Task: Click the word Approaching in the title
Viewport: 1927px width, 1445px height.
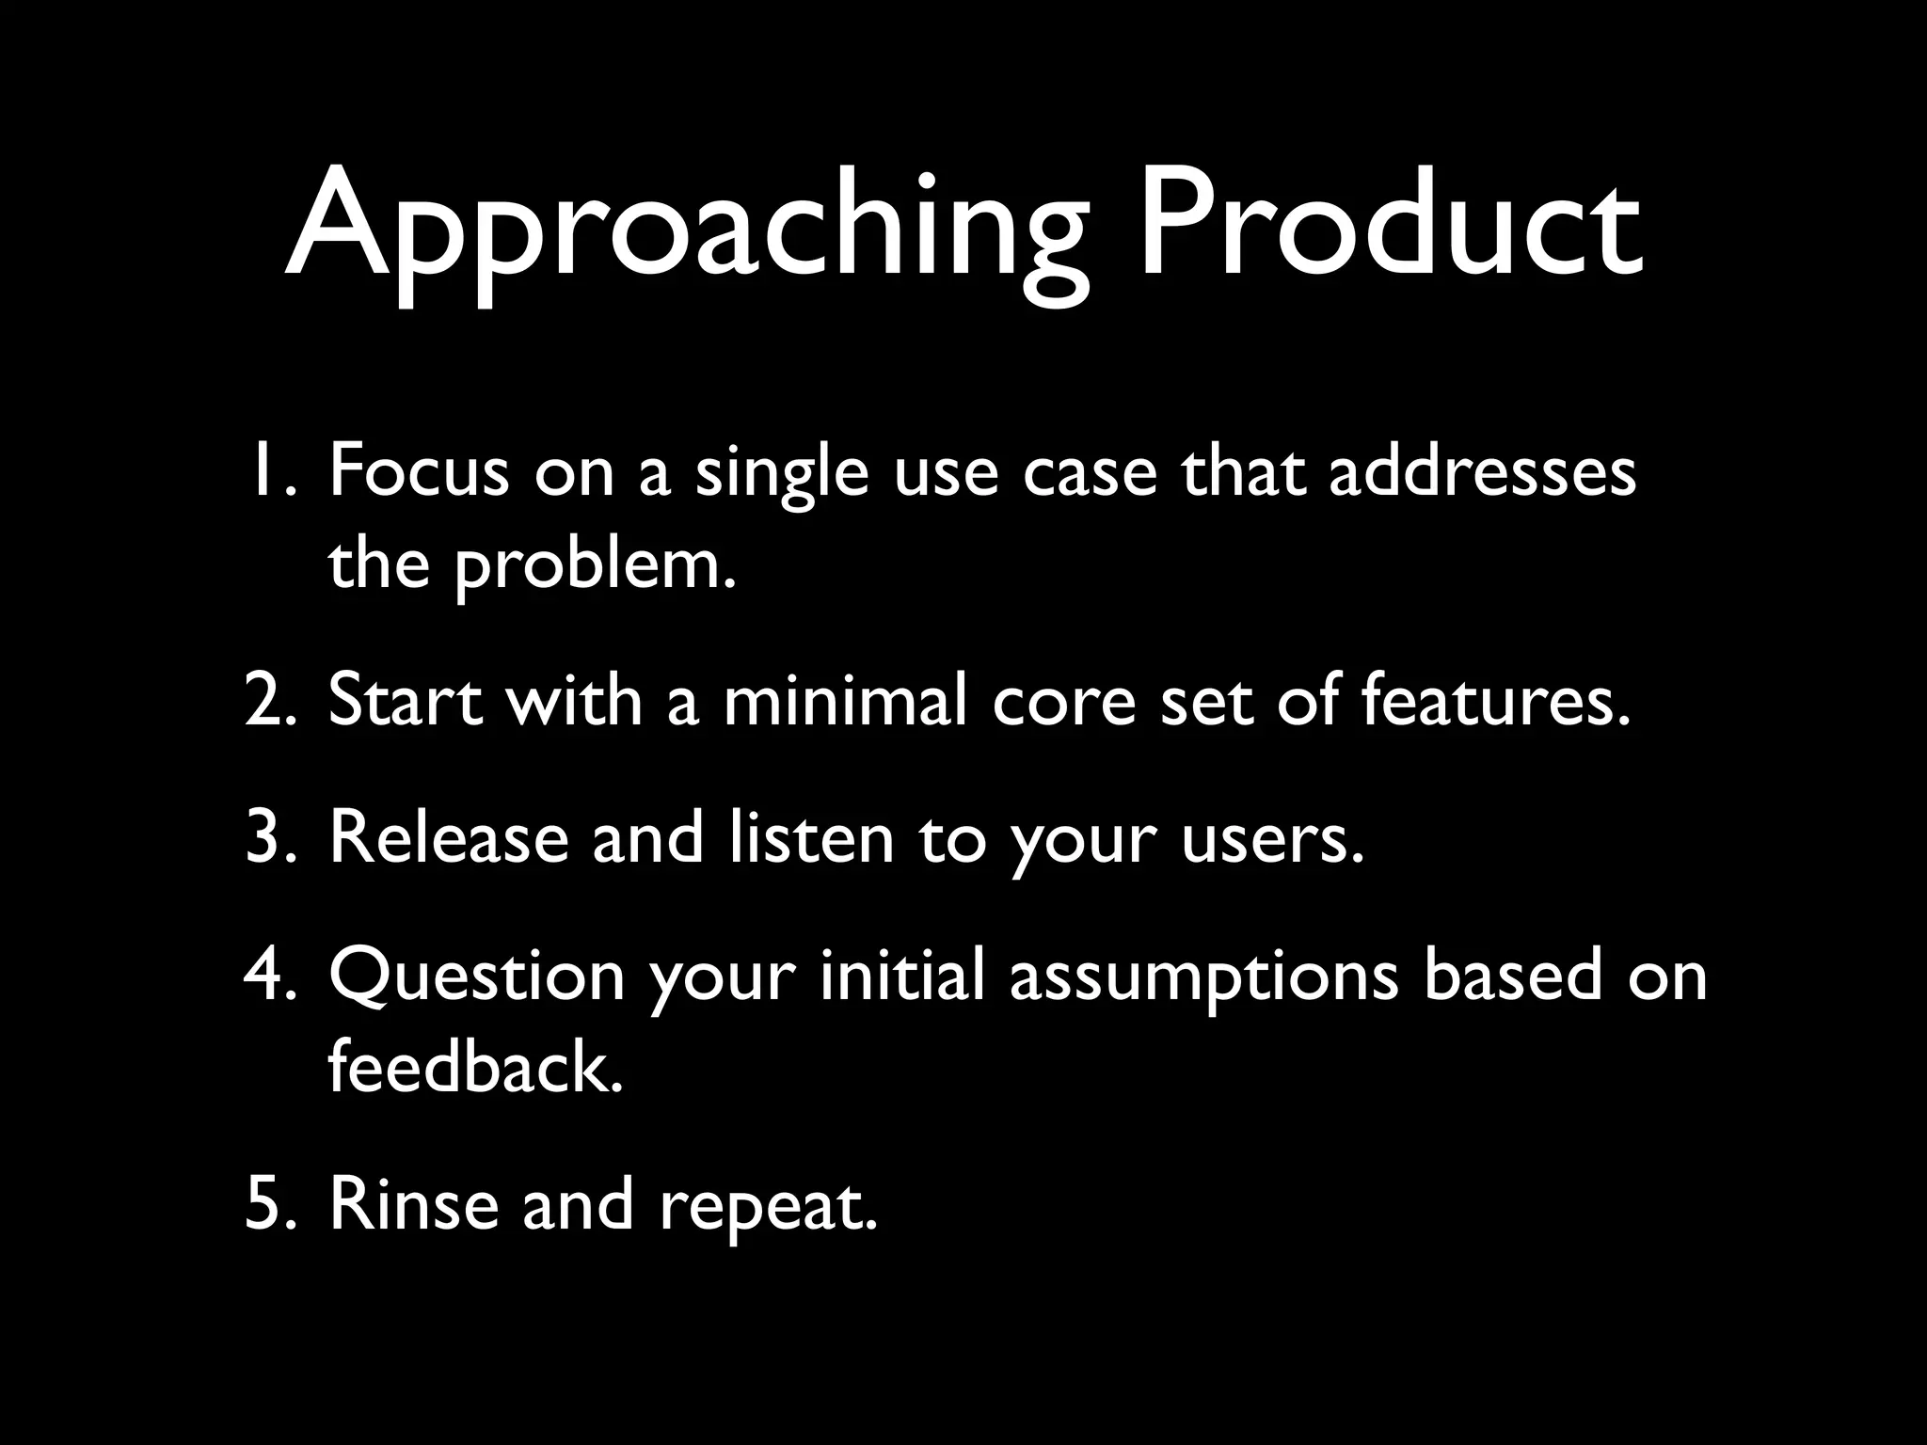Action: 686,230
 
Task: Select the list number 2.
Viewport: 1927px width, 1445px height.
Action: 271,701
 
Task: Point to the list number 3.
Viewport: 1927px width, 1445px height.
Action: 271,837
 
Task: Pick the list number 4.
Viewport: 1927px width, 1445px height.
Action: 271,976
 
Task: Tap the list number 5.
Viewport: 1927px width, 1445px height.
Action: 271,1204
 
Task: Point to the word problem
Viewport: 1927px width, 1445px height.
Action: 594,567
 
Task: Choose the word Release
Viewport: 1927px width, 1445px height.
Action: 449,837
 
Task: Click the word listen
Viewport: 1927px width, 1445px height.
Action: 811,837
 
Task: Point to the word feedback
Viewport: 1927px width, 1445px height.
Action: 475,1068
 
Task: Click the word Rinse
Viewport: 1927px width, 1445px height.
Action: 414,1204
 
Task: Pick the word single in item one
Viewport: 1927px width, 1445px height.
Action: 782,476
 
